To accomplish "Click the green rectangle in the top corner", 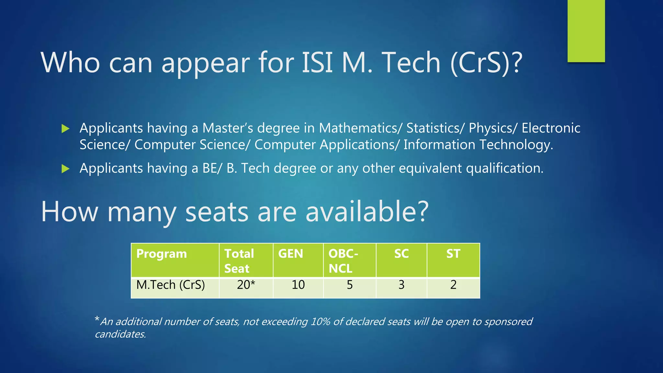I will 586,31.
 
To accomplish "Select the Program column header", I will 162,254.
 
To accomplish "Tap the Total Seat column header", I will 239,261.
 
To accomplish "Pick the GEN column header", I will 290,254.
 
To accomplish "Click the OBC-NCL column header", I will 343,261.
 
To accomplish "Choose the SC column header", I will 401,254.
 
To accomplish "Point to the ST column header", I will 453,254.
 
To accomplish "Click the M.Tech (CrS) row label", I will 171,285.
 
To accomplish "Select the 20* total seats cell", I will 246,285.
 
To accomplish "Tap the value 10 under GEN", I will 298,285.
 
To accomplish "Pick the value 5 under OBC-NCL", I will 350,285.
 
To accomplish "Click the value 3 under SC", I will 401,285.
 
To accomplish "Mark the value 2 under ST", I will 453,285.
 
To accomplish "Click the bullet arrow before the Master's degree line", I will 65,129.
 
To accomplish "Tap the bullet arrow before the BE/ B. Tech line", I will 65,169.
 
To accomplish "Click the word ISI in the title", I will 317,62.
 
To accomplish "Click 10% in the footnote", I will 320,322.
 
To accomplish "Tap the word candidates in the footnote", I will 120,334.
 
